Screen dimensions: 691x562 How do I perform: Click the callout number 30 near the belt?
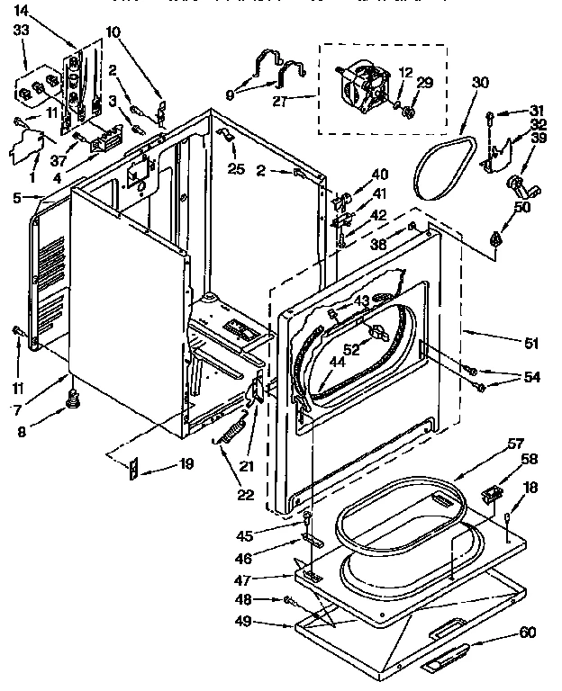[479, 82]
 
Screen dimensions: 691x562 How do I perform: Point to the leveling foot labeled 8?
[73, 398]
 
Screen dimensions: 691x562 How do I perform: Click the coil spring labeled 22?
[230, 431]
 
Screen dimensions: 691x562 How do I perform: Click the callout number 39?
[539, 137]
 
